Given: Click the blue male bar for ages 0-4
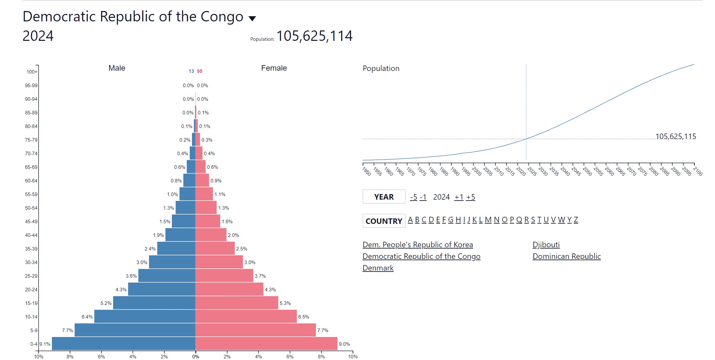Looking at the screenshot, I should click(123, 343).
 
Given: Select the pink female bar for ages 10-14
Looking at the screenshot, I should click(246, 316).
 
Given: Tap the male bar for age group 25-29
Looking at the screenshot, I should click(166, 275).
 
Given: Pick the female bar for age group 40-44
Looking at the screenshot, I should click(210, 235).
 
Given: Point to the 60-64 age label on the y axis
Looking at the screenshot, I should click(31, 180).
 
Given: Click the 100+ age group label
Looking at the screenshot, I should click(32, 72).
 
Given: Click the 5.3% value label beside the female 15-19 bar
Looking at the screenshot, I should click(285, 303).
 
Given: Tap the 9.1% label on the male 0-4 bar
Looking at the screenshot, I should click(45, 344).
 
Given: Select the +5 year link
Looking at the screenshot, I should click(471, 197).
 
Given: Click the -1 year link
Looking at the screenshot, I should click(423, 197).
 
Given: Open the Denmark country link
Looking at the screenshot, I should click(378, 268).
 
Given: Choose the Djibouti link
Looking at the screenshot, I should click(546, 245).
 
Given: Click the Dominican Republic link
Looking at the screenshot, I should click(566, 256).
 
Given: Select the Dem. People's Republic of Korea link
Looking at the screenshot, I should click(417, 245).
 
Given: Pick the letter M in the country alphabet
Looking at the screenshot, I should click(488, 220).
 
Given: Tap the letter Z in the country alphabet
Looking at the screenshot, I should click(576, 220).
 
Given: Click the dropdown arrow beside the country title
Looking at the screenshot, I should click(252, 18).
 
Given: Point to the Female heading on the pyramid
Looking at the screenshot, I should click(274, 68).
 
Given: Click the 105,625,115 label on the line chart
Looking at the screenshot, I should click(675, 136).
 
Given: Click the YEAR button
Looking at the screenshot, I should click(384, 197).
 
